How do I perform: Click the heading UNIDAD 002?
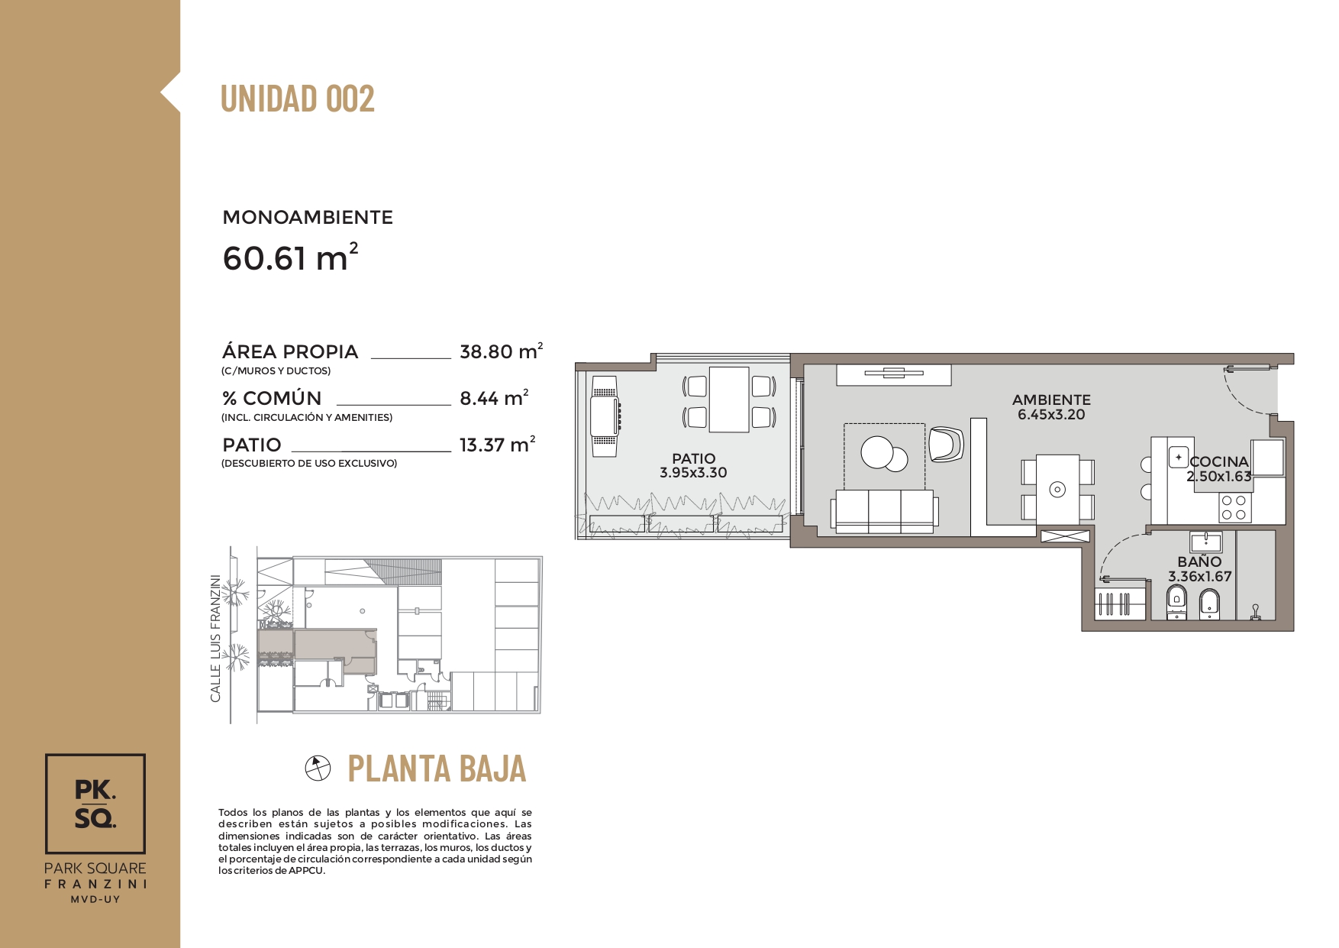click(298, 99)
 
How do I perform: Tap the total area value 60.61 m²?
click(290, 257)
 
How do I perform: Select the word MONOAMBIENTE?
click(308, 218)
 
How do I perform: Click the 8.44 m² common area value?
click(494, 397)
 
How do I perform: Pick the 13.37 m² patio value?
click(497, 444)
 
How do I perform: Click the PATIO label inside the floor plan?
click(693, 458)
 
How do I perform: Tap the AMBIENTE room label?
click(1051, 400)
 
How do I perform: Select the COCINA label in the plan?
click(1219, 461)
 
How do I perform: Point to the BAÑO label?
click(1199, 561)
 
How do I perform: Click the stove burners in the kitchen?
click(1234, 508)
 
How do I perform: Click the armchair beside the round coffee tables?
click(946, 444)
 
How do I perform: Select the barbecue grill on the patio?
click(605, 416)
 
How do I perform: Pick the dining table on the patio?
click(729, 400)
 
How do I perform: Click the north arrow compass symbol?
click(318, 768)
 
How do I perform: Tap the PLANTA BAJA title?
click(437, 768)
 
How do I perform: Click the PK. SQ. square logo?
click(95, 804)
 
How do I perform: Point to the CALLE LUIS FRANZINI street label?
click(216, 639)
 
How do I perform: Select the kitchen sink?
click(1179, 458)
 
